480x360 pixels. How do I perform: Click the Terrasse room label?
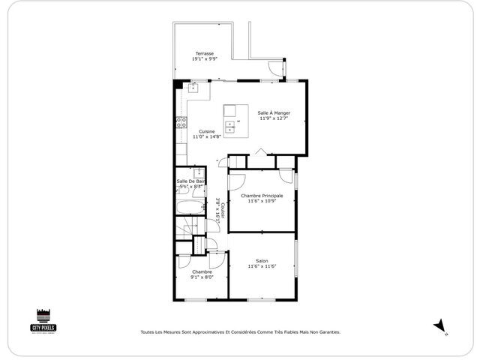coord(205,53)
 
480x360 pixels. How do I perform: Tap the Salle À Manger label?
coord(274,112)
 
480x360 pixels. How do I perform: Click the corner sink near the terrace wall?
coord(192,87)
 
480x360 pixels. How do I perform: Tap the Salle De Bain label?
coord(190,181)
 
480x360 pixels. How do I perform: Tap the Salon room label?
coord(262,261)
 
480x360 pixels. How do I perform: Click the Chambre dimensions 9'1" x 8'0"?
coord(202,277)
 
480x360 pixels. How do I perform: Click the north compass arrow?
coord(440,325)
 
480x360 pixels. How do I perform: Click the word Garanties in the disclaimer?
coord(327,331)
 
